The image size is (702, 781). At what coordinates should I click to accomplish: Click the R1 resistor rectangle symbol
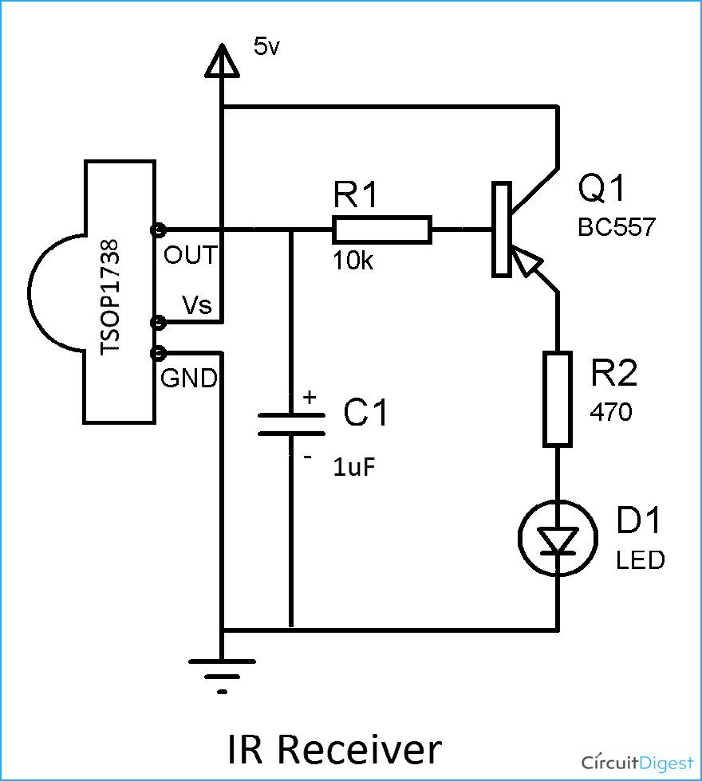point(382,230)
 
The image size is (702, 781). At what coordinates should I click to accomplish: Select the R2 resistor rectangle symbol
point(558,398)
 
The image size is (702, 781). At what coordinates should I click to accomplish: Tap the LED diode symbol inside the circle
point(558,540)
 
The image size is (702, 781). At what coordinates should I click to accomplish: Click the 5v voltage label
point(266,47)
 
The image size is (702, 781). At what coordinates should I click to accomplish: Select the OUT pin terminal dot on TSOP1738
point(157,230)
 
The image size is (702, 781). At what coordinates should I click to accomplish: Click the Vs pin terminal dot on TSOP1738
point(157,323)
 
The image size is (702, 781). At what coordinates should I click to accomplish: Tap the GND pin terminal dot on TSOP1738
point(157,352)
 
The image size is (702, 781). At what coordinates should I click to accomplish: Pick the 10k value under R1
point(353,261)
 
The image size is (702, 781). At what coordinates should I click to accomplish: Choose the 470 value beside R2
point(610,412)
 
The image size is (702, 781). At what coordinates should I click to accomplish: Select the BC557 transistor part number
point(616,228)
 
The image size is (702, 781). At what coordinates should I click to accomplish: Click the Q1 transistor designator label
point(603,190)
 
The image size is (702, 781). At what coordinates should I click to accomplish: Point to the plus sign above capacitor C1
point(309,397)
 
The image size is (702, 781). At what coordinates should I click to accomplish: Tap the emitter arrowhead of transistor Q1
point(523,261)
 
